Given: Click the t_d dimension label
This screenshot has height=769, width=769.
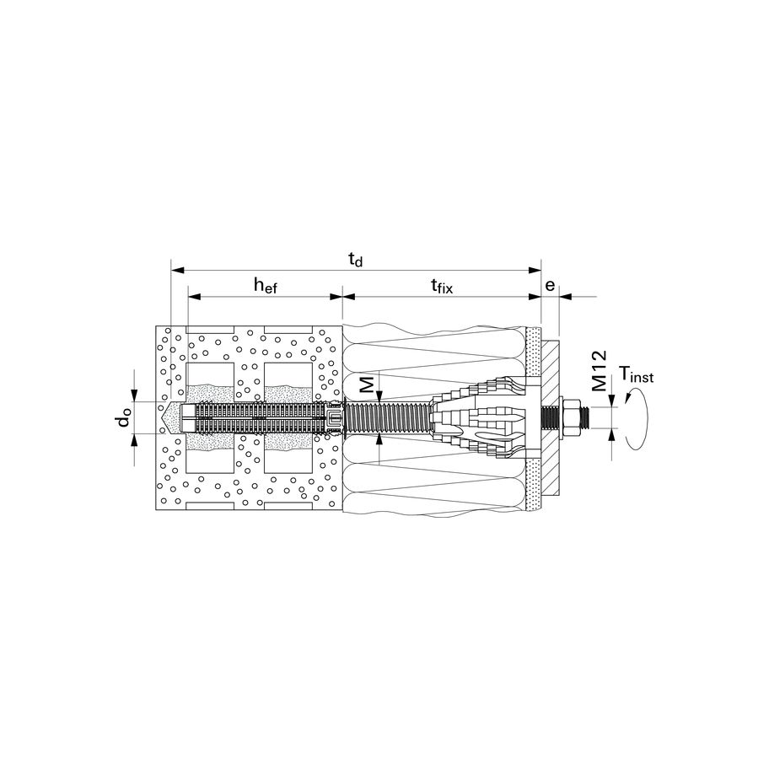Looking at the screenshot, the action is click(x=356, y=259).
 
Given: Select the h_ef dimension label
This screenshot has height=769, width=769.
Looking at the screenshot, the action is click(x=266, y=286).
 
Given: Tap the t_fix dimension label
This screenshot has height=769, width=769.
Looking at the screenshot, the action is click(x=441, y=286).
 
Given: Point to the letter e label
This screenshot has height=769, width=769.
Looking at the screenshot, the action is click(x=550, y=285).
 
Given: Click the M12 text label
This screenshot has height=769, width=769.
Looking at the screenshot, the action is click(x=599, y=370).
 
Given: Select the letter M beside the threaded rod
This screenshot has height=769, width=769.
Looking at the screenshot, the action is click(x=368, y=384).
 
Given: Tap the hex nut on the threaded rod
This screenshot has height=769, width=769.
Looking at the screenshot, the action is click(x=569, y=417).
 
